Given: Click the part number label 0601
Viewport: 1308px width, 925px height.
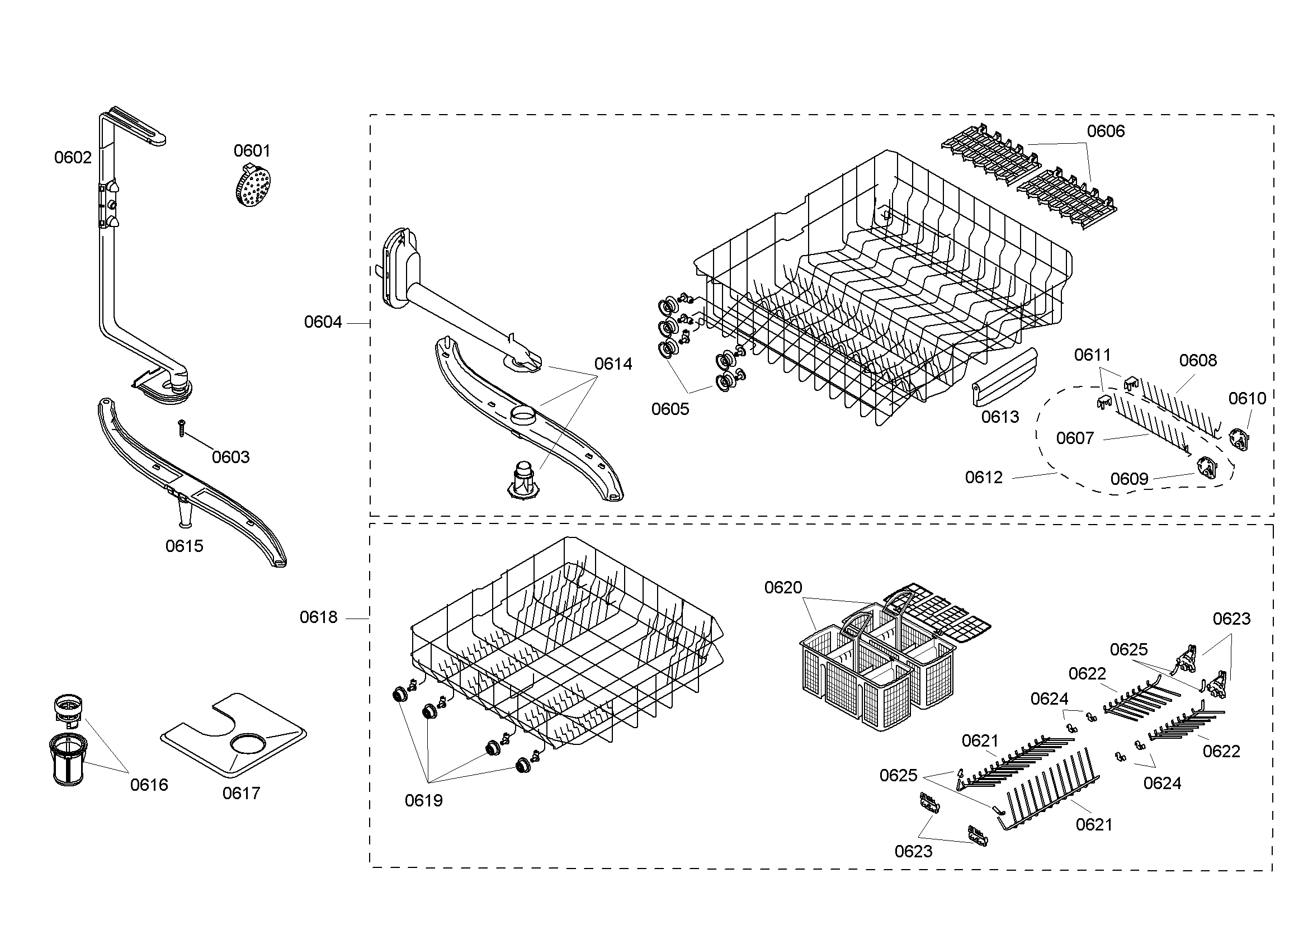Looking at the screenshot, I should coord(252,151).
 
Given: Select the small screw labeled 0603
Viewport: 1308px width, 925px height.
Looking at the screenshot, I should coord(182,428).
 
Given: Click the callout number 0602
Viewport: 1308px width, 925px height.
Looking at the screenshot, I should coord(73,158).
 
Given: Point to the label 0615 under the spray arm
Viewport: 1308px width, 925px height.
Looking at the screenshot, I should coord(184,546).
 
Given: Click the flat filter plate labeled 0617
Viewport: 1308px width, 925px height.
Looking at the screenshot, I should coord(234,735).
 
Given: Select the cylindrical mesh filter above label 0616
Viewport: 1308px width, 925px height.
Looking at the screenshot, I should coord(67,760).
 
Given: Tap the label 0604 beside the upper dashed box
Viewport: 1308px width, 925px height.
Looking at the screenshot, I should coord(323,322).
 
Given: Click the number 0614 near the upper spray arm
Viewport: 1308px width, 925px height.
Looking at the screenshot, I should coord(613,364).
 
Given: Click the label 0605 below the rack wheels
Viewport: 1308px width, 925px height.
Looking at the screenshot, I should coord(670,409).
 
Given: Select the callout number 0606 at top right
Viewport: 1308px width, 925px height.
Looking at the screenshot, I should coord(1105,131).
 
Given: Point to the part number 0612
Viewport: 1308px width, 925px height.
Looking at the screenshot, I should coord(983,477).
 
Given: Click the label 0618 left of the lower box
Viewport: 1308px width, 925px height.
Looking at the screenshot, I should coord(318,617).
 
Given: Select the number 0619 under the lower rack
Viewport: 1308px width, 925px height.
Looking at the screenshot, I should coord(423,801).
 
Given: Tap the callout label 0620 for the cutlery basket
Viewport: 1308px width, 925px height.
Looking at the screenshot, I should coord(783,588).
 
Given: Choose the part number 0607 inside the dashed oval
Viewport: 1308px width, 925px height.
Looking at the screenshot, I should coord(1074,438).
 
